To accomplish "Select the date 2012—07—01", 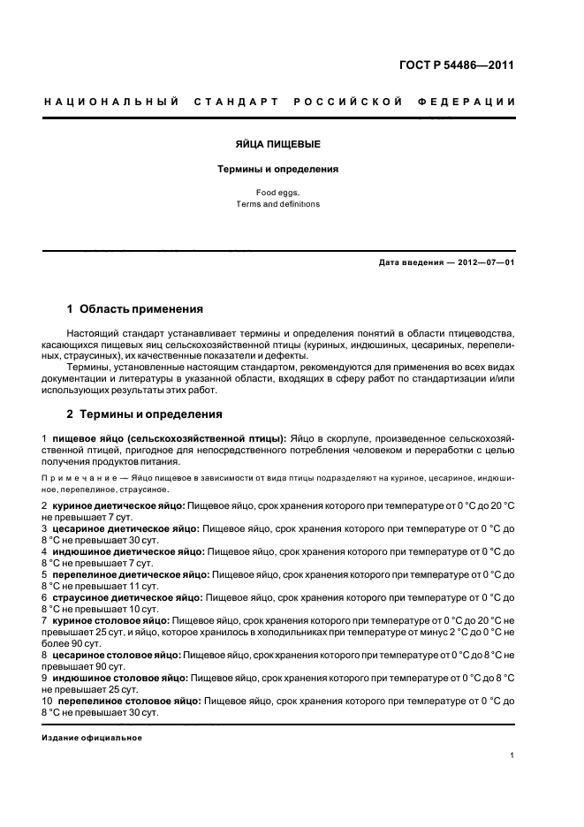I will [482, 263].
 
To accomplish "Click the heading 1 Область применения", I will [135, 309].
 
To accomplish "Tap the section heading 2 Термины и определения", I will [145, 413].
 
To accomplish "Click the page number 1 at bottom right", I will [512, 755].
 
